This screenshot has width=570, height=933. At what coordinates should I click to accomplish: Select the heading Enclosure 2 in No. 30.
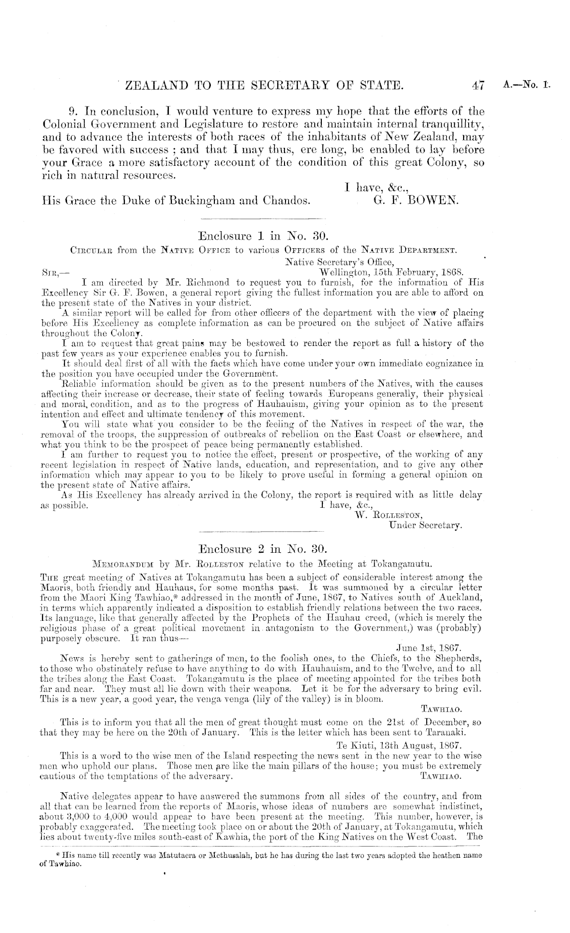click(261, 550)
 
